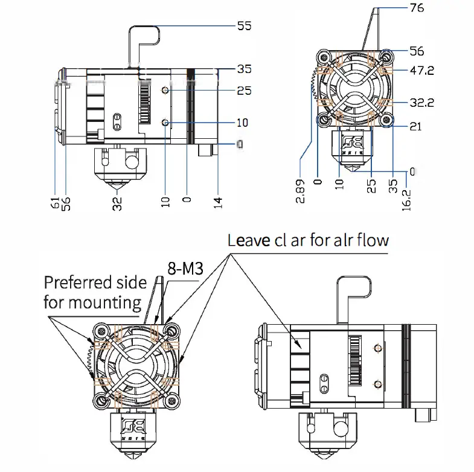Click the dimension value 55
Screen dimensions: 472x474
coord(244,27)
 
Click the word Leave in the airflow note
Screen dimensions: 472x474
coord(249,240)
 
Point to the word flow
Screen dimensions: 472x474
coord(373,240)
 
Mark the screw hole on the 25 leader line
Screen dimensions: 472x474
coord(165,91)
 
